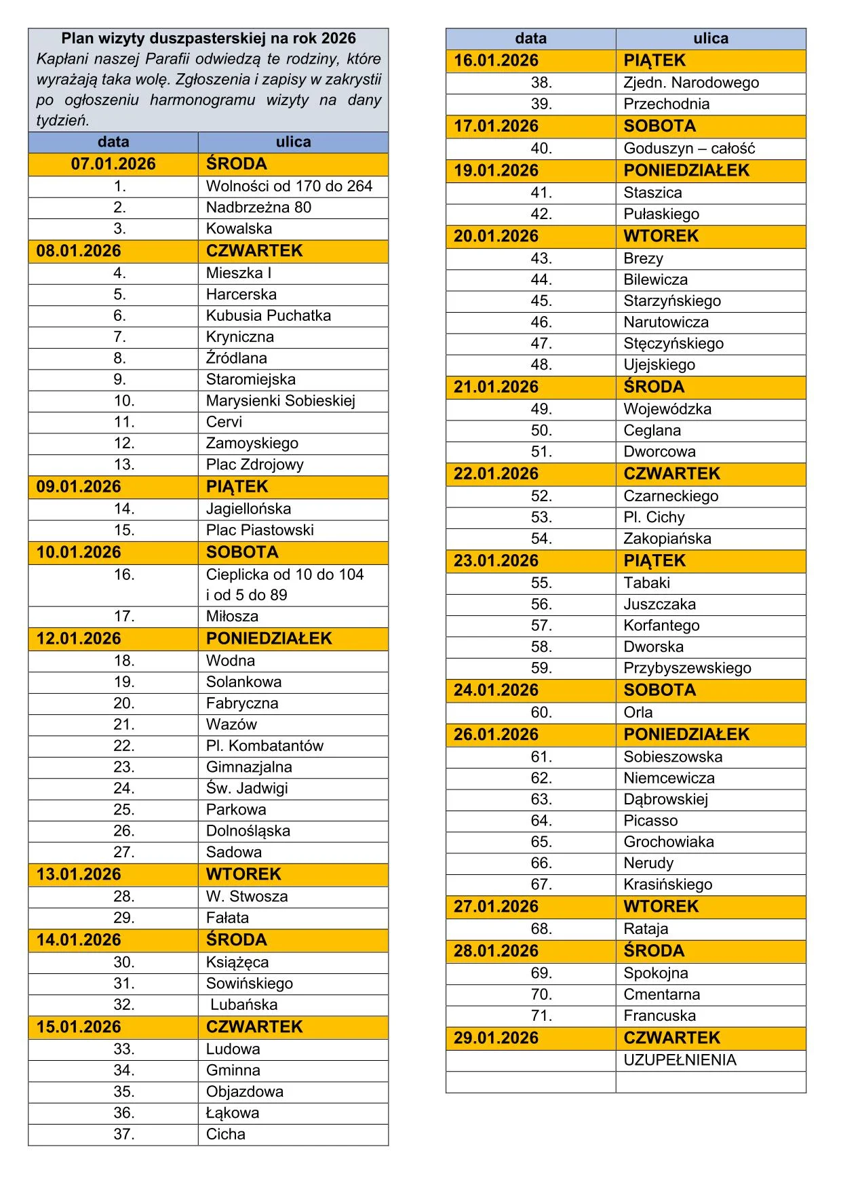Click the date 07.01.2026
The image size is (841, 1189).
113,164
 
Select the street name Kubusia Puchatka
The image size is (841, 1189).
269,315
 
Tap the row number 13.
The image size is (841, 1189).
124,465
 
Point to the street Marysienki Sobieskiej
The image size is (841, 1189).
281,401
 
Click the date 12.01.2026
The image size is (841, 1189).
79,639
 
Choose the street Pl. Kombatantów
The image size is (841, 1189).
265,746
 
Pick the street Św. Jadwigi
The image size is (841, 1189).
247,788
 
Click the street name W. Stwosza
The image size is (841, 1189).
247,897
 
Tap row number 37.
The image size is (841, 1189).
124,1134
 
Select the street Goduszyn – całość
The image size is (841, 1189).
689,149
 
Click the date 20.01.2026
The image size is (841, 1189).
496,237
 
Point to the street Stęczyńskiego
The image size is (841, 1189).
673,344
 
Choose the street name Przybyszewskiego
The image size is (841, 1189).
687,668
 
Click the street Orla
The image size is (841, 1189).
638,713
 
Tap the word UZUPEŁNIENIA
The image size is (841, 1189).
680,1060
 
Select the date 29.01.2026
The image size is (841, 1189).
496,1038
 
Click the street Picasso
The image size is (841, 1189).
650,821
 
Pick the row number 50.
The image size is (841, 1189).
541,431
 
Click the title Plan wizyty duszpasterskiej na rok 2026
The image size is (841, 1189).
208,39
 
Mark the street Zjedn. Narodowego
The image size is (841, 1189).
691,83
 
